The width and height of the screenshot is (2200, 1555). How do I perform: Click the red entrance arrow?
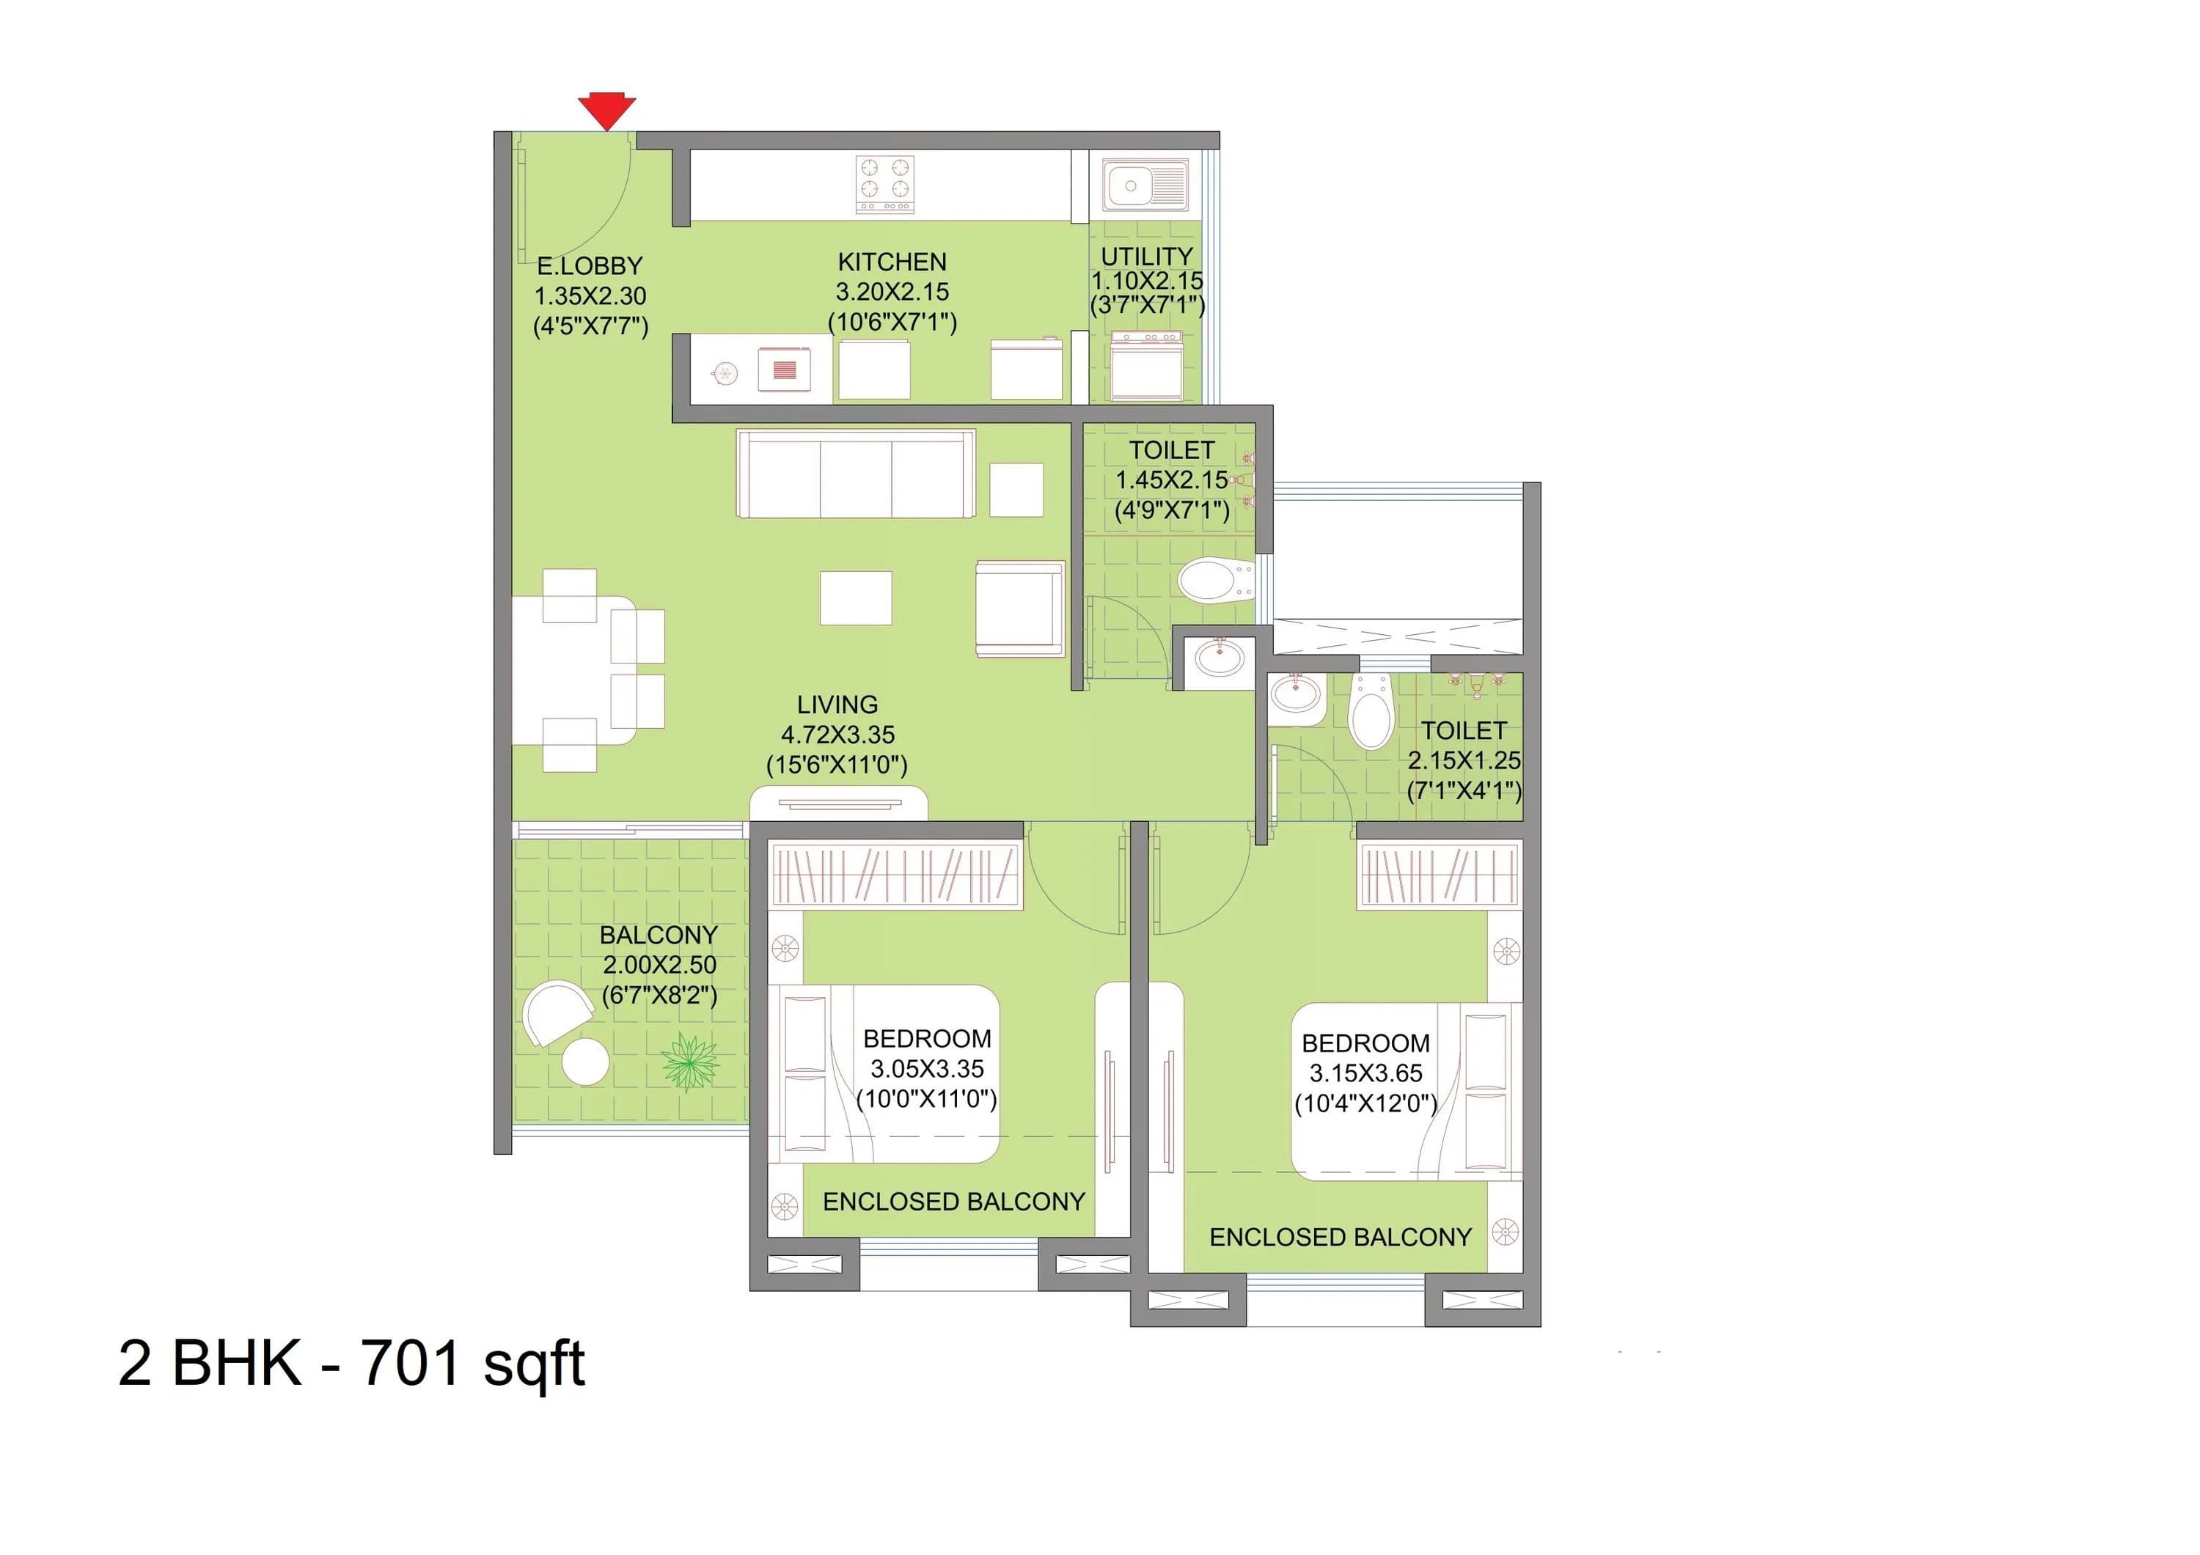[x=606, y=109]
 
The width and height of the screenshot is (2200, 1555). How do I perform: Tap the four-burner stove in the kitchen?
[x=884, y=184]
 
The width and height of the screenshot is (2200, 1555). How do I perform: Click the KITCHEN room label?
[x=891, y=262]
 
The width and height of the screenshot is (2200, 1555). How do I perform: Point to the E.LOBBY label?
[x=590, y=265]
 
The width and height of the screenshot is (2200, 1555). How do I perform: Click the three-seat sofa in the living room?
[x=856, y=474]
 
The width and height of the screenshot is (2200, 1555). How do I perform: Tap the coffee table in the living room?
[x=856, y=598]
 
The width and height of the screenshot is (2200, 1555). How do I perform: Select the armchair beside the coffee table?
[x=1019, y=609]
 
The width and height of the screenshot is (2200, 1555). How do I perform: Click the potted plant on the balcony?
[x=689, y=1062]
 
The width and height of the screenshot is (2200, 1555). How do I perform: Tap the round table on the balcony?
[x=584, y=1062]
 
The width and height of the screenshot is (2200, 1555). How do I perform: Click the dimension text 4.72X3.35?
[x=837, y=735]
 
